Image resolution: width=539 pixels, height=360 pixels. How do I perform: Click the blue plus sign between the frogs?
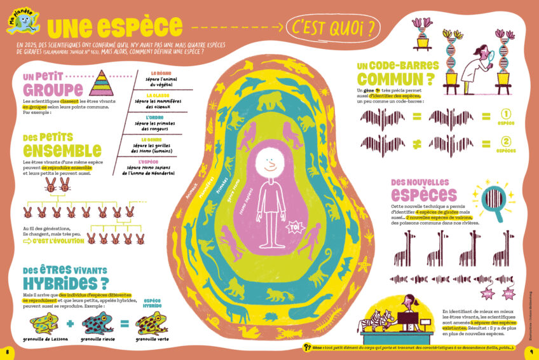click(70, 324)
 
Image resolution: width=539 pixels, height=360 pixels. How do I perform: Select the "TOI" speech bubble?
click(294, 226)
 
